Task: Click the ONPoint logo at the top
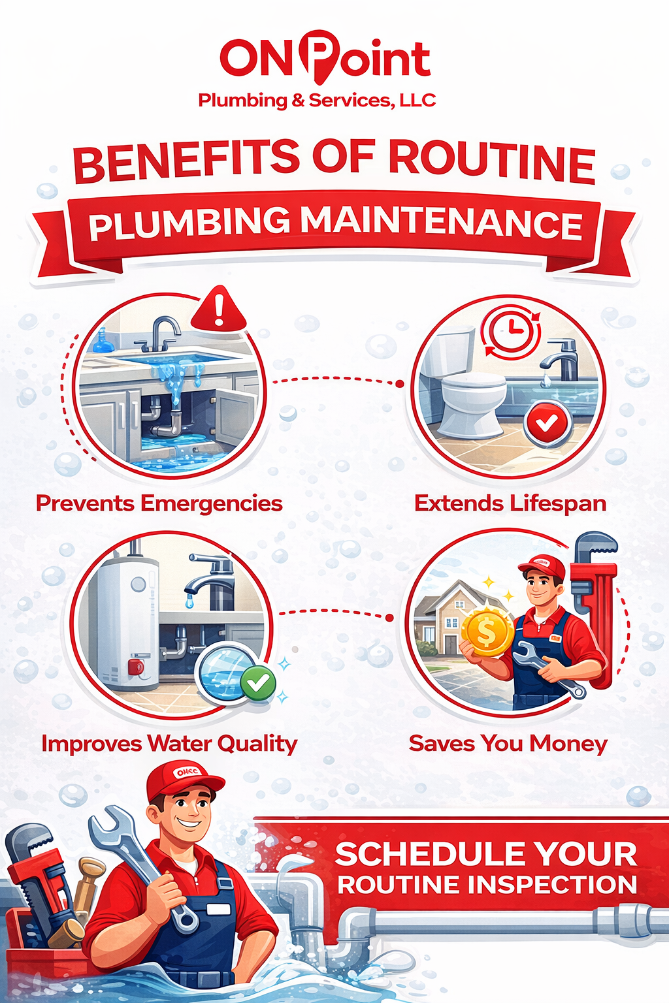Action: coord(325,59)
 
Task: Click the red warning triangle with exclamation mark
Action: coord(219,310)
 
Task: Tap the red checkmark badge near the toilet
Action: coord(547,424)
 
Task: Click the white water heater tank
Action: coord(124,620)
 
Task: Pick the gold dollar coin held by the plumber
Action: coord(487,632)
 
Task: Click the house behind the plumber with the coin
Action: coord(451,617)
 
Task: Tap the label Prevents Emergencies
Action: coord(159,503)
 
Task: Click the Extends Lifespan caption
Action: coord(510,503)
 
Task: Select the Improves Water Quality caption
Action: coord(169,744)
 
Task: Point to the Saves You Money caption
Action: coord(508,744)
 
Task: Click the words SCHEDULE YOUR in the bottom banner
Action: coord(486,854)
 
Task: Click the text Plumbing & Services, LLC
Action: coord(317,101)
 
